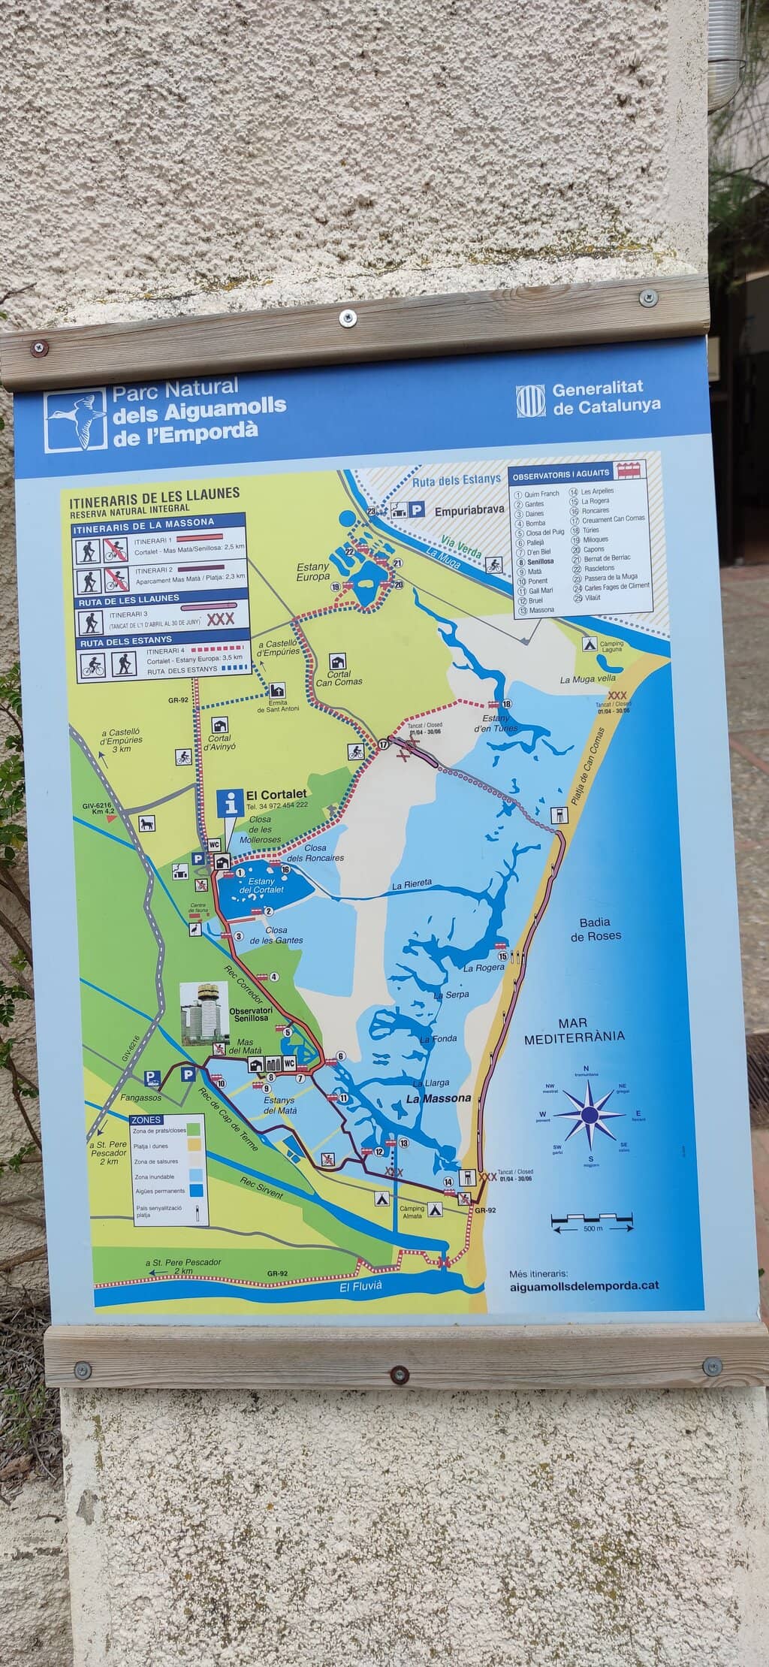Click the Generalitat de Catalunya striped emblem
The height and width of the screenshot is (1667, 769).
[530, 400]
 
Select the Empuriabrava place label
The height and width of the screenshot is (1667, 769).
[469, 511]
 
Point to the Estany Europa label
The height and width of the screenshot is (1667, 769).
[313, 572]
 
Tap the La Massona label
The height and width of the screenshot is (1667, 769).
[439, 1098]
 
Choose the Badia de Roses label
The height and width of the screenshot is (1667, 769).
[595, 929]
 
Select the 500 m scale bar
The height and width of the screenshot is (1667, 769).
[593, 1221]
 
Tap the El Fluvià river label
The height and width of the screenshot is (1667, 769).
[361, 1285]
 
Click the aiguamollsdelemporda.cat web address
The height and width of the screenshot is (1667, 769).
[584, 1285]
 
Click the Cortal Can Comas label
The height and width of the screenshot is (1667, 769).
[339, 678]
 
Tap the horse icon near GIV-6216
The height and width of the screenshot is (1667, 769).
[146, 823]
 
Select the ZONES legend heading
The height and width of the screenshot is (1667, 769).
[147, 1120]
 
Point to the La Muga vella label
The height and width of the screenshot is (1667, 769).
[588, 680]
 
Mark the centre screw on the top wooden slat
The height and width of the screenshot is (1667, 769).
[347, 318]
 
